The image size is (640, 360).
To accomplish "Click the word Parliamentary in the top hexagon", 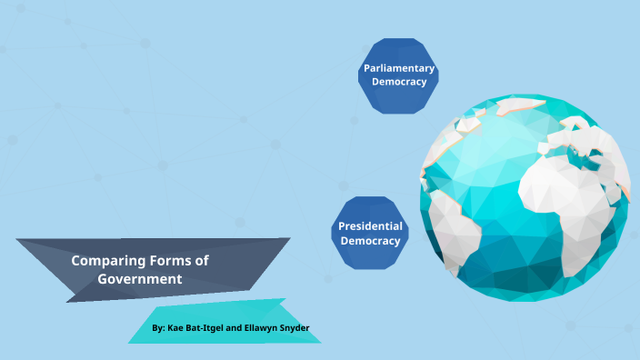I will (399, 68).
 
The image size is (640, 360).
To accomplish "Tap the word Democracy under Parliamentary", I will (399, 82).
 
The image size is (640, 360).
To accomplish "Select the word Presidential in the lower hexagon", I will (370, 226).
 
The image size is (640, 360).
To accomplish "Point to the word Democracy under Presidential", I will (370, 241).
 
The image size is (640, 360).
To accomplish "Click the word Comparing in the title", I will (105, 261).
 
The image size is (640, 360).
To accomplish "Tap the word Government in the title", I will (140, 279).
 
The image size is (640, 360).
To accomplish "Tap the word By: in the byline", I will (159, 327).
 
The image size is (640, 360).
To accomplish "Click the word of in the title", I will (201, 261).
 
